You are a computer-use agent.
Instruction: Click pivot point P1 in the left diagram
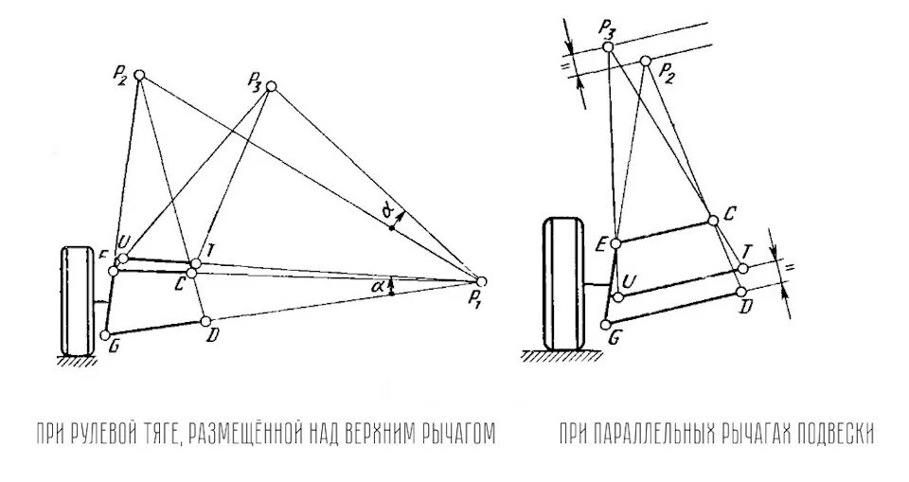point(481,281)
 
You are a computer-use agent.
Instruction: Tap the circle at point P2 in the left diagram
point(140,76)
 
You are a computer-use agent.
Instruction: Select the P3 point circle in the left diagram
point(272,87)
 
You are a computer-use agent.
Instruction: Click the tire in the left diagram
point(77,301)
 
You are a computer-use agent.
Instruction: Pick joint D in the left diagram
point(205,320)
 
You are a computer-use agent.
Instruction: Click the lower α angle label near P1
point(377,283)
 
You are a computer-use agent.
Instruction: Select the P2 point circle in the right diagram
point(646,62)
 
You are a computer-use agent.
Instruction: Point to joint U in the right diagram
point(617,297)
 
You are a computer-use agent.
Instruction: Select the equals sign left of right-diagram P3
point(568,66)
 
